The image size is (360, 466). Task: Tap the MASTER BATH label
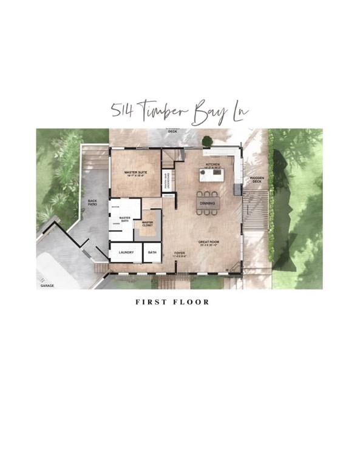pyautogui.click(x=124, y=219)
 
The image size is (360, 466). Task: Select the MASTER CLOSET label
pyautogui.click(x=148, y=223)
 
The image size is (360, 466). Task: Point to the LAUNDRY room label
pyautogui.click(x=126, y=252)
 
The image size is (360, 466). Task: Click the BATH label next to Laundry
pyautogui.click(x=152, y=252)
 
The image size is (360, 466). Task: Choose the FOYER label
pyautogui.click(x=179, y=253)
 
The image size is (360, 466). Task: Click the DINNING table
pyautogui.click(x=209, y=203)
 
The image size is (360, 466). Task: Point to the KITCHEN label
pyautogui.click(x=212, y=164)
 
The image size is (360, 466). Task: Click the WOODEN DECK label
pyautogui.click(x=256, y=180)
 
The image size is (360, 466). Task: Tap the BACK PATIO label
pyautogui.click(x=92, y=202)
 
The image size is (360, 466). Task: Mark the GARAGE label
pyautogui.click(x=47, y=285)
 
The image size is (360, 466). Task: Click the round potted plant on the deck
pyautogui.click(x=208, y=140)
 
